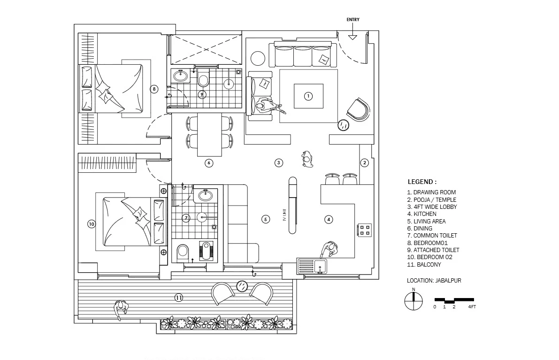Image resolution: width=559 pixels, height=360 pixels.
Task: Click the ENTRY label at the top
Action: point(353,20)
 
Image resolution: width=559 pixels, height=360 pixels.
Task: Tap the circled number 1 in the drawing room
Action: point(308,96)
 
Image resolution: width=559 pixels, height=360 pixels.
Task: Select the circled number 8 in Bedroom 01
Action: point(153,88)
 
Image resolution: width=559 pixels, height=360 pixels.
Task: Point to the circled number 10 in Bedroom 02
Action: point(92,224)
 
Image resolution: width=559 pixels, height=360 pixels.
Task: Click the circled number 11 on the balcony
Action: point(178,298)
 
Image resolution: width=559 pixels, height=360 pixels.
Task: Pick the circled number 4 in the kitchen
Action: point(329,219)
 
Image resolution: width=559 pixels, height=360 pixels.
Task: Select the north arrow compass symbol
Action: point(414,301)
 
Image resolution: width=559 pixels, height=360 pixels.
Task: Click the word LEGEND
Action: point(422,182)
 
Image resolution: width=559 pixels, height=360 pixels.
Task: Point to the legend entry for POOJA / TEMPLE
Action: point(431,199)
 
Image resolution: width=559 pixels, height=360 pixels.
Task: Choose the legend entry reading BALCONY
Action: point(424,265)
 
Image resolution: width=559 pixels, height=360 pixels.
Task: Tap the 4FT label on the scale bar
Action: point(472,307)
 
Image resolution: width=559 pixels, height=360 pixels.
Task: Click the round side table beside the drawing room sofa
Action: point(258,58)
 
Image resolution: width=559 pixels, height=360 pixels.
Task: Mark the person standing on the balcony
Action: point(121,308)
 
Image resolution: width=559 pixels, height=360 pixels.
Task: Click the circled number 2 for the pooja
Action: point(364,163)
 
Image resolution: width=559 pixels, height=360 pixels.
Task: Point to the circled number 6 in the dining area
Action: point(209,163)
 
